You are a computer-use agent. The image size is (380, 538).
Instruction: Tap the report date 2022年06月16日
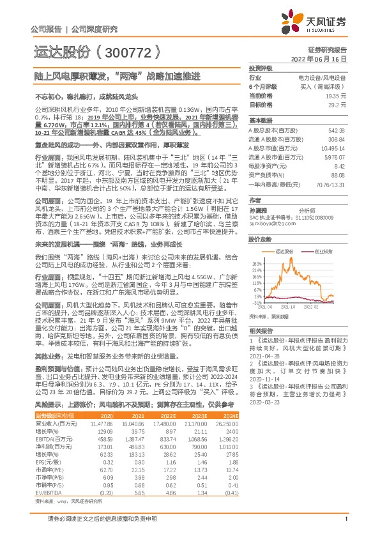tap(323, 58)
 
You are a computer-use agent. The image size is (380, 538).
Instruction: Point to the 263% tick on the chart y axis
tap(257, 263)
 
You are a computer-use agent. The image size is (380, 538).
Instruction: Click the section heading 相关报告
tap(261, 330)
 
